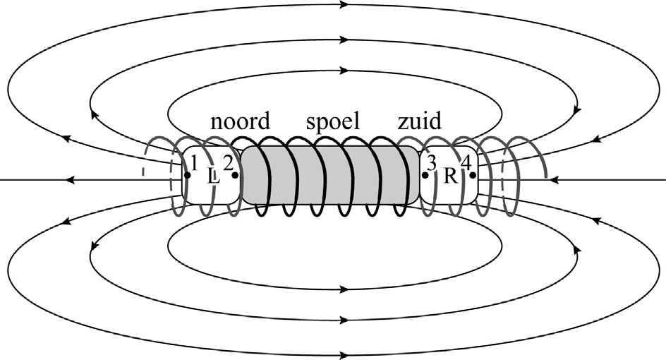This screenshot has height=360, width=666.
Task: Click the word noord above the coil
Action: click(x=241, y=122)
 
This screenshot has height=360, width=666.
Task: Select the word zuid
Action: click(x=419, y=122)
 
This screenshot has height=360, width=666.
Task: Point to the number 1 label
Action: click(x=194, y=162)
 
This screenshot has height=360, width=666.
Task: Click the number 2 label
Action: click(x=228, y=162)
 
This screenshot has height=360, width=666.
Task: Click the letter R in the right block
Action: click(x=449, y=177)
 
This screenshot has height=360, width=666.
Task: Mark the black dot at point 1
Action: click(x=187, y=175)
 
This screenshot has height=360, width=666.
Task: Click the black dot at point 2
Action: click(x=234, y=175)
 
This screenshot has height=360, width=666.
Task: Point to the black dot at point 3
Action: click(x=425, y=175)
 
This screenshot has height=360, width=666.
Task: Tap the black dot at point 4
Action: click(x=472, y=175)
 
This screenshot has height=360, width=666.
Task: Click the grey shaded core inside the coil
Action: click(x=332, y=176)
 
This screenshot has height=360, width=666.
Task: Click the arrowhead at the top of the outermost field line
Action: click(x=344, y=5)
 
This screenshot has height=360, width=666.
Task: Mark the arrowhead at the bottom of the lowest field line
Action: click(x=344, y=354)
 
